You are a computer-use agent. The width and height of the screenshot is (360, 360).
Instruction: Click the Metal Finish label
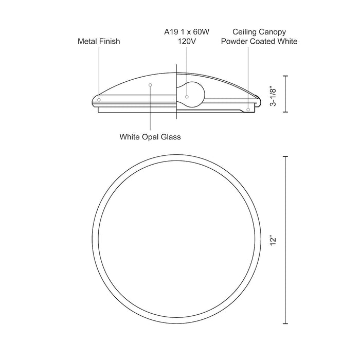pyautogui.click(x=99, y=41)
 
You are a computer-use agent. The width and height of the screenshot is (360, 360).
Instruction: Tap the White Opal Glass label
pyautogui.click(x=150, y=137)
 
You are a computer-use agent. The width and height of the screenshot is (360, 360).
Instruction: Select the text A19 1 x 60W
pyautogui.click(x=187, y=32)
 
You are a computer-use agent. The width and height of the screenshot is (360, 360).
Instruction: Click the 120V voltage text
pyautogui.click(x=187, y=41)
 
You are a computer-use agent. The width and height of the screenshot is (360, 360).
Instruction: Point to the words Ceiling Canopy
pyautogui.click(x=259, y=32)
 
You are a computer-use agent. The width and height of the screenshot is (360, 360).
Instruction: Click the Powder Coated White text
pyautogui.click(x=259, y=41)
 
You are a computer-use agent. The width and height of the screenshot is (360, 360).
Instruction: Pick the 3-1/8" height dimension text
pyautogui.click(x=273, y=96)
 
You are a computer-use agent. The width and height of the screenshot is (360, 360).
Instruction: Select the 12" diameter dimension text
pyautogui.click(x=273, y=240)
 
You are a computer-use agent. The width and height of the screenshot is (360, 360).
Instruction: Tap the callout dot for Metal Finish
pyautogui.click(x=99, y=100)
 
